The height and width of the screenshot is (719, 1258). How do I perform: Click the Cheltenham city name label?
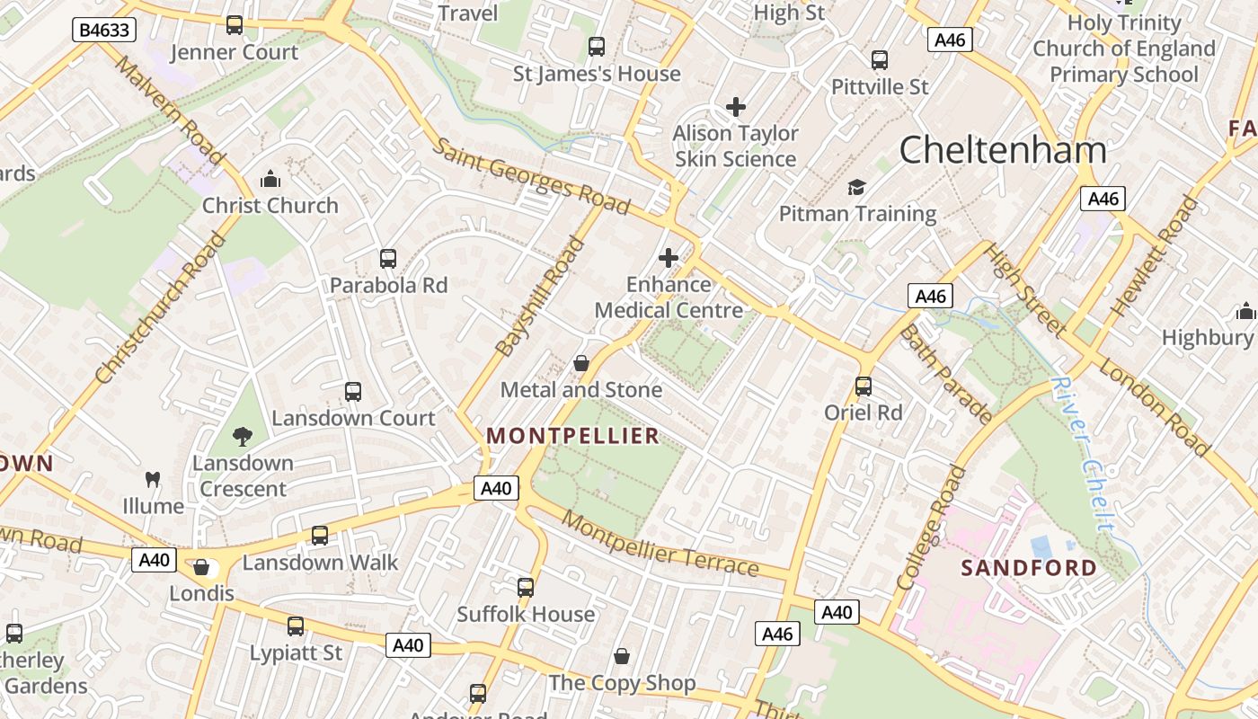1003,149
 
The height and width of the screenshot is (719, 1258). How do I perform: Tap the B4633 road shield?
103,30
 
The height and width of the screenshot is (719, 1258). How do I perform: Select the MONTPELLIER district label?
572,436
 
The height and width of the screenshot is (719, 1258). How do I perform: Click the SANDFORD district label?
1029,568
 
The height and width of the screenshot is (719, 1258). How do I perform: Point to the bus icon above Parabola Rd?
388,259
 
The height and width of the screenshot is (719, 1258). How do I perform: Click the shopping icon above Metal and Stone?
581,363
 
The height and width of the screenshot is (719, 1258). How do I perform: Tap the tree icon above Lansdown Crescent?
242,437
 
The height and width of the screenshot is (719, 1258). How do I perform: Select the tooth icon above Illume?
153,480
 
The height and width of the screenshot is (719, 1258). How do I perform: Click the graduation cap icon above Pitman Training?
857,187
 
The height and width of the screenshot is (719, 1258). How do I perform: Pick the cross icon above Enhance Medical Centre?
669,258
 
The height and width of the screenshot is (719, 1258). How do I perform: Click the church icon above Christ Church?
270,179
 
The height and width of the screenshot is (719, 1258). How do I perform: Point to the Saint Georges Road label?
530,176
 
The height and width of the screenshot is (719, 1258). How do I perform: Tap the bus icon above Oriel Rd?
864,386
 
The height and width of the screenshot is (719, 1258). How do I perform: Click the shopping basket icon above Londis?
201,567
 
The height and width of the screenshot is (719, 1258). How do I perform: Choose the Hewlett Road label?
1155,256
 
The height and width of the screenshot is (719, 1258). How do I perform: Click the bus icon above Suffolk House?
526,588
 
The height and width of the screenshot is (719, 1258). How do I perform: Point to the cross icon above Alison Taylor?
736,107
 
